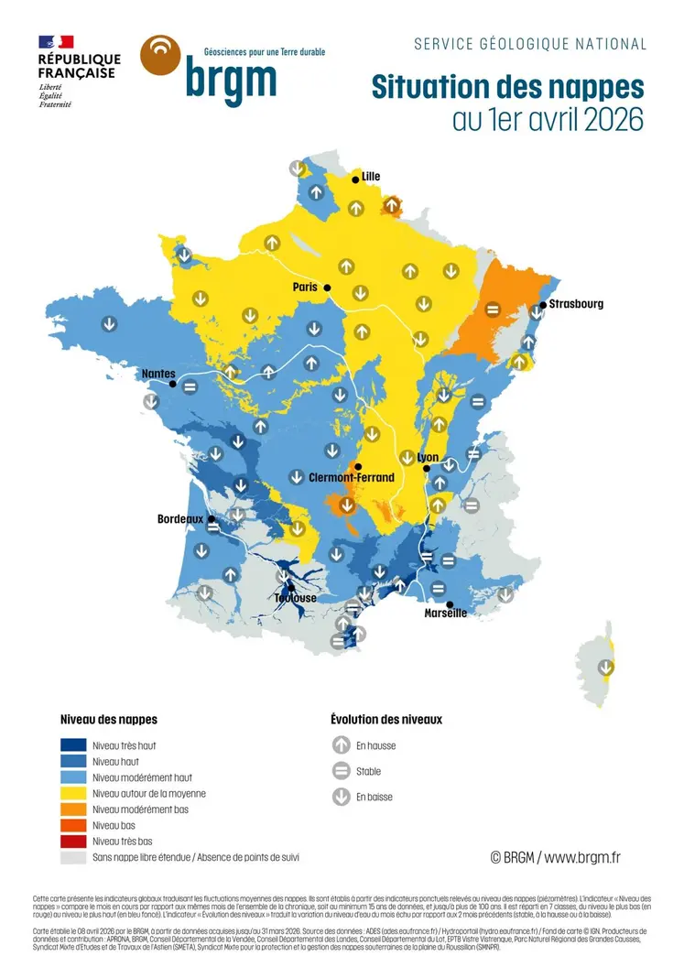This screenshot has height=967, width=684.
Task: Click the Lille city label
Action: click(x=371, y=177)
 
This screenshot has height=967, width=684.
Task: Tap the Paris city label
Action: click(x=305, y=288)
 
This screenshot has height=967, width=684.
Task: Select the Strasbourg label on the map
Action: click(x=576, y=304)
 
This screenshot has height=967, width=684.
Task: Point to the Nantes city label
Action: click(x=158, y=374)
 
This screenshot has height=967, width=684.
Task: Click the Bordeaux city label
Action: click(x=179, y=519)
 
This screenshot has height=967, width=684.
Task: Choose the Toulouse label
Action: click(x=295, y=598)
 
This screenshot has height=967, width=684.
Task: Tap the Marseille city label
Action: click(x=446, y=613)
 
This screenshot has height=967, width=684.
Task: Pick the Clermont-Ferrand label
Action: click(x=352, y=477)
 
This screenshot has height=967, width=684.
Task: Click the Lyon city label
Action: click(x=428, y=458)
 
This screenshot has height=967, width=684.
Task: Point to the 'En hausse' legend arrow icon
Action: click(x=342, y=745)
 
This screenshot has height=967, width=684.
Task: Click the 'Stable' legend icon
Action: click(x=342, y=771)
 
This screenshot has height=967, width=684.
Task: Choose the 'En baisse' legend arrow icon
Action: click(x=342, y=797)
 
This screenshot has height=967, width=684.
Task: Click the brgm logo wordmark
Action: click(x=231, y=80)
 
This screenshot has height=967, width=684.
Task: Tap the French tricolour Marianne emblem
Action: click(x=56, y=42)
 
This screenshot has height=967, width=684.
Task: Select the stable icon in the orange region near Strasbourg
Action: click(x=492, y=310)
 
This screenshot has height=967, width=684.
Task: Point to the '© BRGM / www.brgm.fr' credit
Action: click(x=556, y=857)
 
